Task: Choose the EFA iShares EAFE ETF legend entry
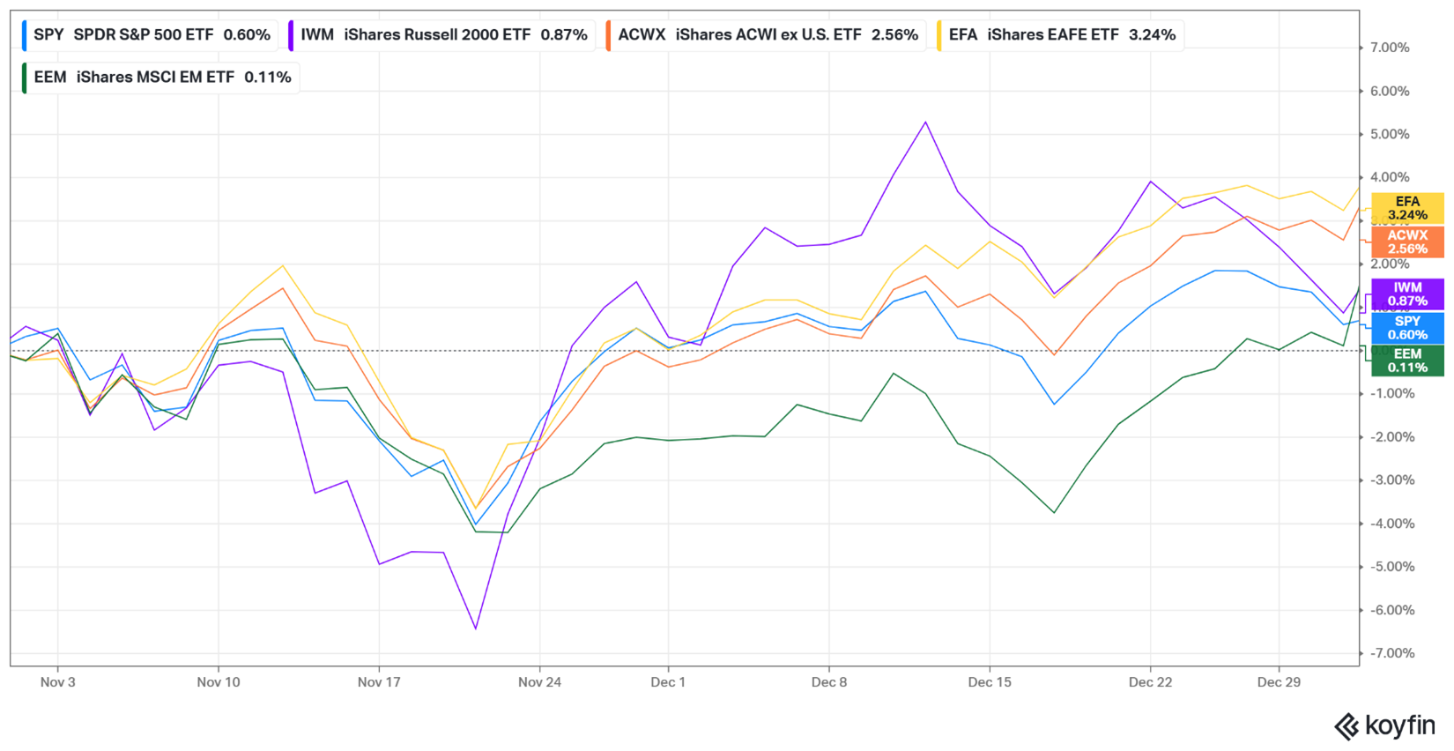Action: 1061,35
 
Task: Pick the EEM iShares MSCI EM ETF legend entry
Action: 161,78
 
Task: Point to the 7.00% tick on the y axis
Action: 1390,48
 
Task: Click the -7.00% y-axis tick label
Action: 1390,653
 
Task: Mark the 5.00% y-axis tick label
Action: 1390,134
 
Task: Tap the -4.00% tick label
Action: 1390,524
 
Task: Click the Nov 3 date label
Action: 58,682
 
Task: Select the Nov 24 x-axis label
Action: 539,682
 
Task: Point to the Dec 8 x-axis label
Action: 829,682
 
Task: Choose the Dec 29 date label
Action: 1279,682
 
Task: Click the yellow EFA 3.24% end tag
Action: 1407,209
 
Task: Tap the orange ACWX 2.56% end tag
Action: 1407,242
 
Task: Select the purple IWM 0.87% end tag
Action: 1407,294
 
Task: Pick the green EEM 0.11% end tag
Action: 1407,361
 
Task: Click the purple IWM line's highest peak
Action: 926,123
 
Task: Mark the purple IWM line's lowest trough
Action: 476,628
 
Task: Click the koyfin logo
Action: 1385,726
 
